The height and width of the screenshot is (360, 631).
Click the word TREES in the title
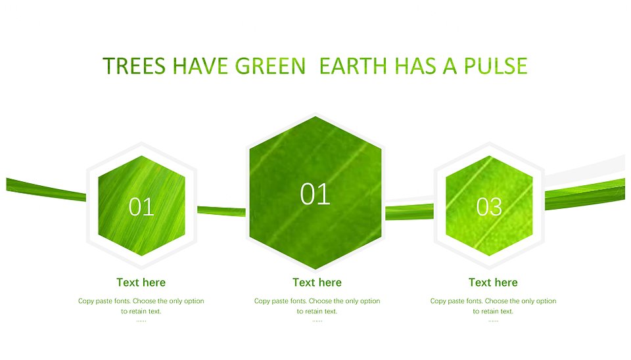pyautogui.click(x=134, y=66)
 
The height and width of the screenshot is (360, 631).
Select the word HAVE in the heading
pyautogui.click(x=199, y=66)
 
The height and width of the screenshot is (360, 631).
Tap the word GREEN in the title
pyautogui.click(x=270, y=66)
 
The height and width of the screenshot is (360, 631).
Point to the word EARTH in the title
pyautogui.click(x=353, y=66)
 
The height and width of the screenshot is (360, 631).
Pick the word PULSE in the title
pyautogui.click(x=496, y=66)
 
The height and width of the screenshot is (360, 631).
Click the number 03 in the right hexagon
pyautogui.click(x=489, y=207)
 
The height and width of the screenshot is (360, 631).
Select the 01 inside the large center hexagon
pyautogui.click(x=315, y=194)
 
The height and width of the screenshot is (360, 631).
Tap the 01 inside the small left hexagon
pyautogui.click(x=141, y=207)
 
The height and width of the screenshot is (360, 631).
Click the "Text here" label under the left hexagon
pyautogui.click(x=141, y=282)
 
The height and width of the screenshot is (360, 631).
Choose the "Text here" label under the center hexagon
pyautogui.click(x=317, y=282)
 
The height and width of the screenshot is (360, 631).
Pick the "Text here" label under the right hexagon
pyautogui.click(x=493, y=282)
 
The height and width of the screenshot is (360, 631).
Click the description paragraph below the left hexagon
pyautogui.click(x=141, y=306)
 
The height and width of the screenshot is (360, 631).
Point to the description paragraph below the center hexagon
pyautogui.click(x=317, y=306)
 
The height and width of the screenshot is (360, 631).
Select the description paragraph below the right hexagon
pyautogui.click(x=493, y=306)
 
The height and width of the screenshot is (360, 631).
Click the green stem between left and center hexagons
pyautogui.click(x=222, y=211)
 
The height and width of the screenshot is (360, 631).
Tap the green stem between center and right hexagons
pyautogui.click(x=409, y=212)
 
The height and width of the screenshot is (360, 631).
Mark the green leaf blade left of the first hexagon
pyautogui.click(x=46, y=189)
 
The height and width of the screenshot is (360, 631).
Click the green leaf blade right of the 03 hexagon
pyautogui.click(x=585, y=194)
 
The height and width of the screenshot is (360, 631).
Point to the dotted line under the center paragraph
pyautogui.click(x=317, y=321)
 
